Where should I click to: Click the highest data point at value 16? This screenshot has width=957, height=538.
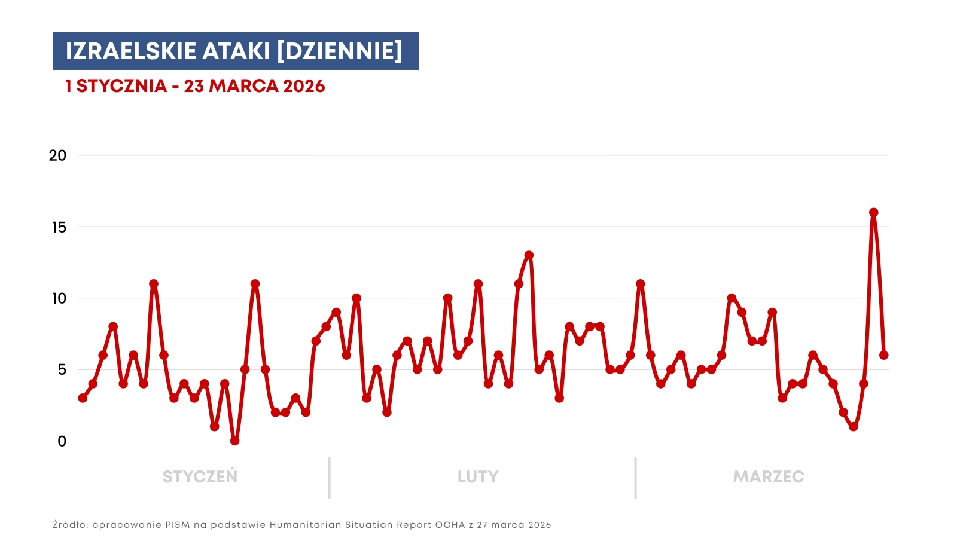pyautogui.click(x=873, y=213)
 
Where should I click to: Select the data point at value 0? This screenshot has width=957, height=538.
pyautogui.click(x=234, y=441)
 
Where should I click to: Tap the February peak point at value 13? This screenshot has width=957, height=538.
pyautogui.click(x=529, y=256)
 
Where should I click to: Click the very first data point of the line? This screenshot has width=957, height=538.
pyautogui.click(x=83, y=398)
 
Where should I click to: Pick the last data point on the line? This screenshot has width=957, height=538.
pyautogui.click(x=883, y=355)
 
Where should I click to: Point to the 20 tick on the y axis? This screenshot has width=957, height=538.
pyautogui.click(x=57, y=155)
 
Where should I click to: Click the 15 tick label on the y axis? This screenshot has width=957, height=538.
pyautogui.click(x=59, y=227)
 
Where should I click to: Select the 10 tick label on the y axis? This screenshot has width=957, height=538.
pyautogui.click(x=59, y=298)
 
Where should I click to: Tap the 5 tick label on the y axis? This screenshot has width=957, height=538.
pyautogui.click(x=62, y=369)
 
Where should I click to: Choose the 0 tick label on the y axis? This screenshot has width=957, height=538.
pyautogui.click(x=62, y=441)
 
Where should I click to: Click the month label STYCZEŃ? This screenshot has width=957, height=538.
pyautogui.click(x=200, y=477)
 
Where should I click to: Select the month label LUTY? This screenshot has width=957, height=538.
pyautogui.click(x=478, y=477)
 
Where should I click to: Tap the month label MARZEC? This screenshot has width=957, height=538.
pyautogui.click(x=769, y=477)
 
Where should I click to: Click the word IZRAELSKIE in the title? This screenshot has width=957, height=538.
pyautogui.click(x=130, y=51)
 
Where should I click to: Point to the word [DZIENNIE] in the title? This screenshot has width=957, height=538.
pyautogui.click(x=339, y=51)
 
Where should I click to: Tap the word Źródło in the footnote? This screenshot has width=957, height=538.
pyautogui.click(x=70, y=525)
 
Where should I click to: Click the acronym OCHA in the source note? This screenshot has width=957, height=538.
pyautogui.click(x=450, y=525)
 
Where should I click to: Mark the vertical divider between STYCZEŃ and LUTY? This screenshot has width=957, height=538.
pyautogui.click(x=329, y=478)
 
